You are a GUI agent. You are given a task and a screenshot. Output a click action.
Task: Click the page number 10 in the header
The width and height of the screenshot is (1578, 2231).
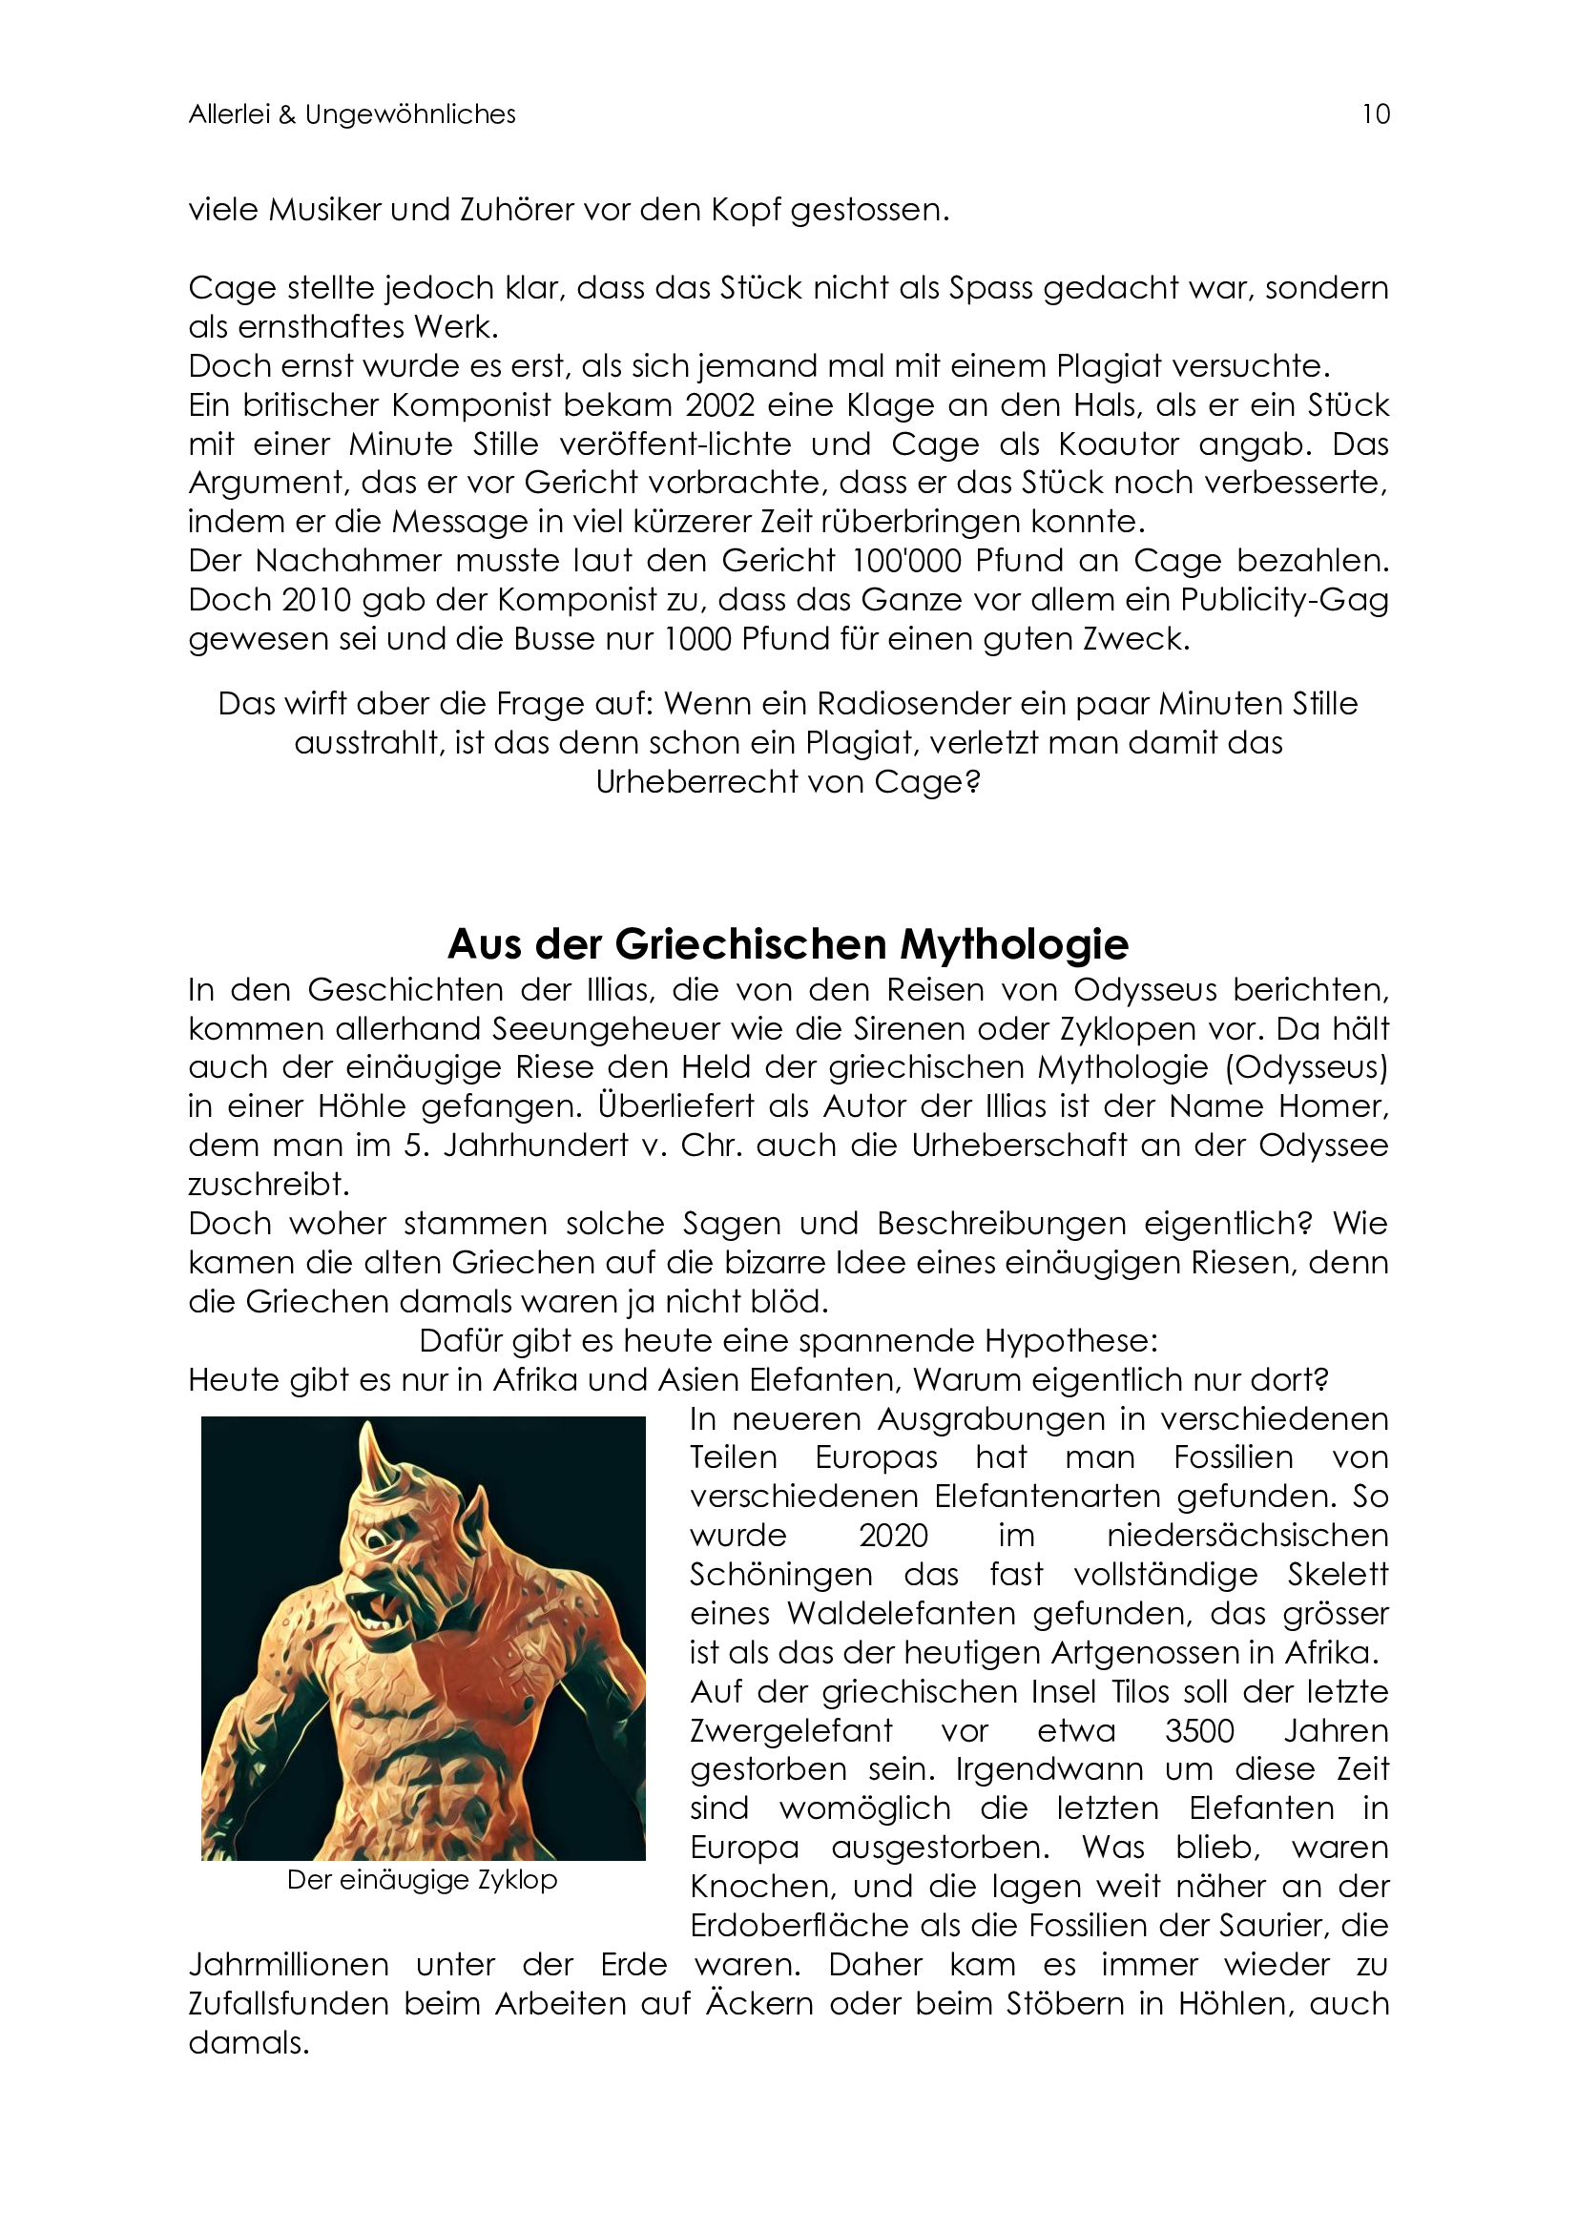[1375, 114]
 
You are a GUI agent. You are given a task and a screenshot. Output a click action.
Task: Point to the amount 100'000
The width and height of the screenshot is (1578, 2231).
[908, 562]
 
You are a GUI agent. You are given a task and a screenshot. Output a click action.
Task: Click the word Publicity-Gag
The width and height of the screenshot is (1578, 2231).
[1283, 601]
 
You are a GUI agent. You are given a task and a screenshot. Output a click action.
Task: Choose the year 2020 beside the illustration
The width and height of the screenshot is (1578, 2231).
[893, 1536]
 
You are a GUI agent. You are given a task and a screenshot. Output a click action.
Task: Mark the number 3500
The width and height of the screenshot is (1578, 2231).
[1199, 1730]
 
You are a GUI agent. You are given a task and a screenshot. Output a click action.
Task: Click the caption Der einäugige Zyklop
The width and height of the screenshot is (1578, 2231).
[422, 1880]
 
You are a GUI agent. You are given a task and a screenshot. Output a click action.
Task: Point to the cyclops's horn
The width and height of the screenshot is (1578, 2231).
[368, 1457]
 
